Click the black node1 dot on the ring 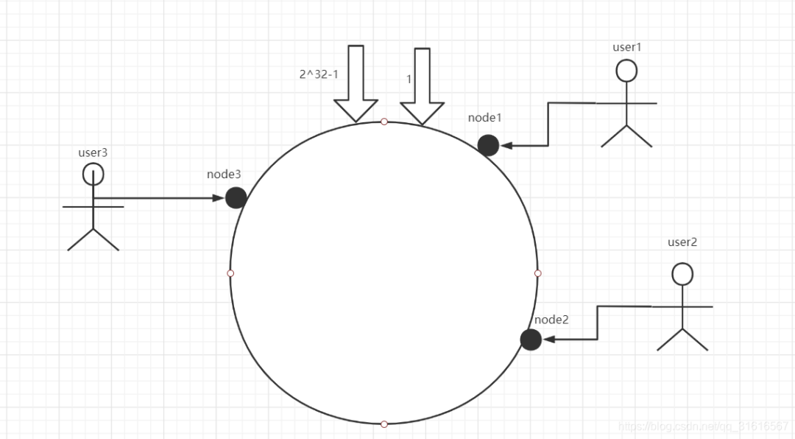[x=488, y=145]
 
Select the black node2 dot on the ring [x=531, y=340]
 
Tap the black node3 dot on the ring [x=236, y=197]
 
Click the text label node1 [x=484, y=118]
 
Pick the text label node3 [x=224, y=175]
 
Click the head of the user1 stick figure [x=626, y=71]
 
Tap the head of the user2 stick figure [x=683, y=275]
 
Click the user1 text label [x=627, y=47]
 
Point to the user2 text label [x=682, y=242]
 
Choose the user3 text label [x=93, y=153]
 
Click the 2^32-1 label [x=318, y=74]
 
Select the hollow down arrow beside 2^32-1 [x=356, y=82]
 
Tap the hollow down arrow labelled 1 [x=422, y=86]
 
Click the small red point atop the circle [x=384, y=122]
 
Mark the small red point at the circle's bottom [x=384, y=424]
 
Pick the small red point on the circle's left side [x=230, y=273]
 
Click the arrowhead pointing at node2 [x=548, y=340]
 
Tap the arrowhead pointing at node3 [x=219, y=197]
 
